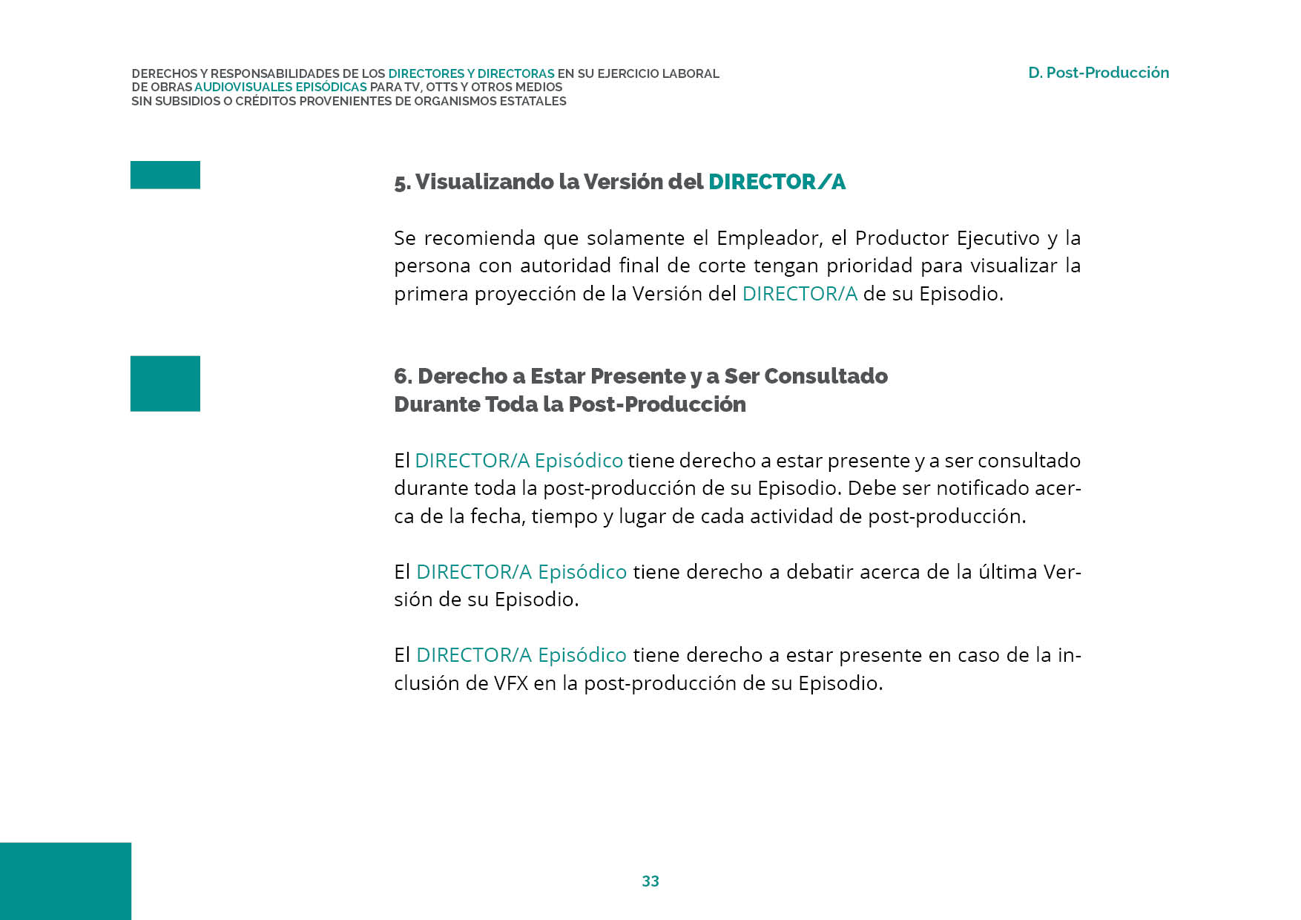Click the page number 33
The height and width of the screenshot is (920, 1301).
point(650,881)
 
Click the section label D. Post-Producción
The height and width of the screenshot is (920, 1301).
point(1098,73)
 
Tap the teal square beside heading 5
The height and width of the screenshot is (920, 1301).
point(165,175)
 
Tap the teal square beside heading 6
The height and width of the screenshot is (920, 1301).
point(165,384)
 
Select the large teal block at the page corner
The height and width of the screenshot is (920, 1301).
point(65,881)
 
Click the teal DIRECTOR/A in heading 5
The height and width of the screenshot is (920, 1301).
point(777,182)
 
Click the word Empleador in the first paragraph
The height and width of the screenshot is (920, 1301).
point(769,238)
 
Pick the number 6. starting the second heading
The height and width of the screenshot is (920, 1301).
point(403,376)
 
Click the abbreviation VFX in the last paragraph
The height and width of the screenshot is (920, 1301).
point(511,683)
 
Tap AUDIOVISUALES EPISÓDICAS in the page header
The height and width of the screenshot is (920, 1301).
point(280,88)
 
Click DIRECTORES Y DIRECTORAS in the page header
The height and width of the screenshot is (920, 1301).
point(471,73)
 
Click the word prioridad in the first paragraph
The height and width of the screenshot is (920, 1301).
point(869,266)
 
